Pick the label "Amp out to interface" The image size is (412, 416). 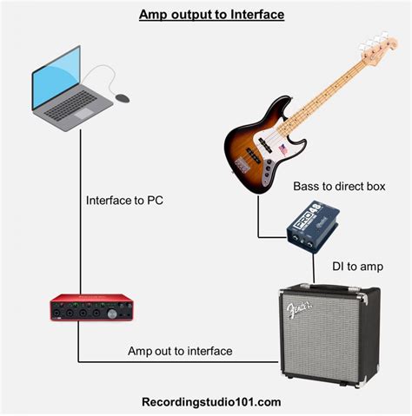(x=180, y=351)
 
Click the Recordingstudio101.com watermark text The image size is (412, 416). (x=211, y=401)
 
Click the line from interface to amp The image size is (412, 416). (x=174, y=362)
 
